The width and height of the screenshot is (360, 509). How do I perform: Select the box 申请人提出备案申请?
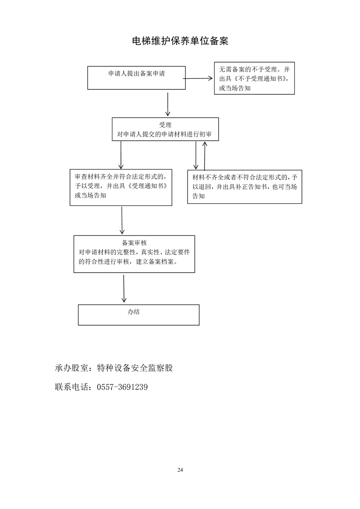tap(136, 78)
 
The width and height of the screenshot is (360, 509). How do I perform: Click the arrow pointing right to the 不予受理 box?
tap(198, 78)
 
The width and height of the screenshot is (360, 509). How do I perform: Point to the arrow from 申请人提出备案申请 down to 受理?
tap(168, 104)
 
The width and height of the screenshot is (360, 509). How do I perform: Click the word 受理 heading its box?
tap(165, 125)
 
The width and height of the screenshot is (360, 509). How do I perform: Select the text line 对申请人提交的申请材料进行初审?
tap(165, 135)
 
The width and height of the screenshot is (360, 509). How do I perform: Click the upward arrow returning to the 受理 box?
tap(205, 155)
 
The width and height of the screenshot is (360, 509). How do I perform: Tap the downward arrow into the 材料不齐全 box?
tap(196, 155)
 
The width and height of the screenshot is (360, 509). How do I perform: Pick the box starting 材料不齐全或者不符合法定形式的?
tap(244, 186)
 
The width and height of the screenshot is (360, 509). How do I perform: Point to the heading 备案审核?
tap(134, 243)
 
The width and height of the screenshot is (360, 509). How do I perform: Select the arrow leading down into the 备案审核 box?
tap(122, 220)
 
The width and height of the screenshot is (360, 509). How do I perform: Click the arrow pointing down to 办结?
tap(124, 288)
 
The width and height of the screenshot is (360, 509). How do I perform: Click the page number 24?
tap(180, 470)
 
